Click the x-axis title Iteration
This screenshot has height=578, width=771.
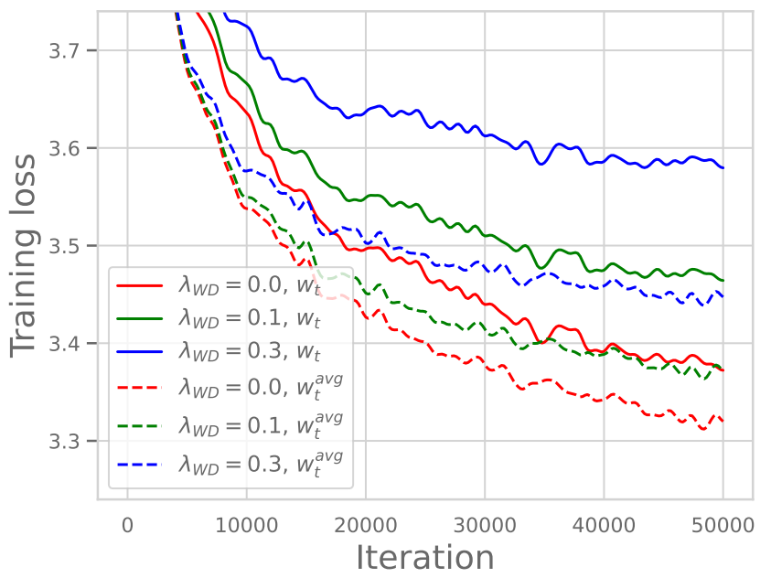click(x=424, y=556)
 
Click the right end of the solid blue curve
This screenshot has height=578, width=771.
click(x=723, y=168)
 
